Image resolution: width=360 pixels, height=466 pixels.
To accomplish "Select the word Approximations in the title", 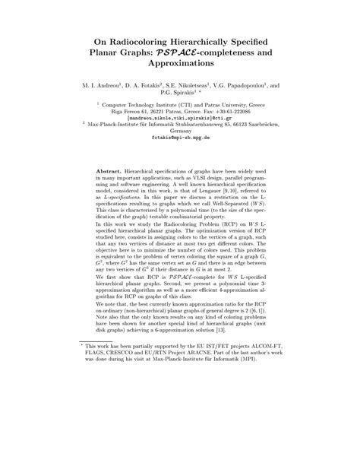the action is [x=179, y=66].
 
